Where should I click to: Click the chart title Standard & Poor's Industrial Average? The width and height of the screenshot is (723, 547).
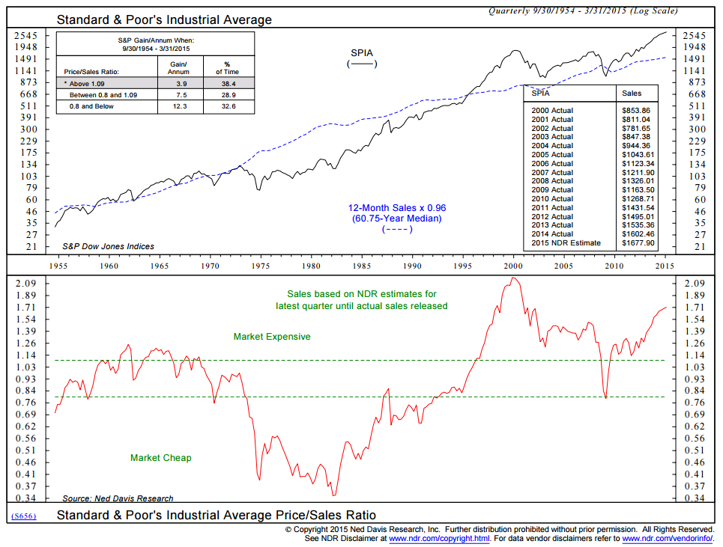164,19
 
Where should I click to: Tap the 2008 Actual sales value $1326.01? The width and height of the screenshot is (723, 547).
638,180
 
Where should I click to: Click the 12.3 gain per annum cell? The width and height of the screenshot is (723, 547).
181,107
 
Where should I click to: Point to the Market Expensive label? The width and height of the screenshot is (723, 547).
272,337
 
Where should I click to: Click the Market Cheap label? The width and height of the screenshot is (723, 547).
161,457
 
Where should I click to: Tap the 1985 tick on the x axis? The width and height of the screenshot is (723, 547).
362,266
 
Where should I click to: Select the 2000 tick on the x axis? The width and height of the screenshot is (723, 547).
513,266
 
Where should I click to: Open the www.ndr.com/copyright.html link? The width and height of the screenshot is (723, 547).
439,538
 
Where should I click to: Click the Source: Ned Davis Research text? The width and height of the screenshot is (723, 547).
118,498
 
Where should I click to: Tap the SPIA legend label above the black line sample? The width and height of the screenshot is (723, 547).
363,52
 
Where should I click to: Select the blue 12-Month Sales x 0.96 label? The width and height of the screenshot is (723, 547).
396,207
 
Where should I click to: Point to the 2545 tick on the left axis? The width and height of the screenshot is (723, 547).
25,35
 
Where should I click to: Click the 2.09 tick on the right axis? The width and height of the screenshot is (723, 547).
695,283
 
